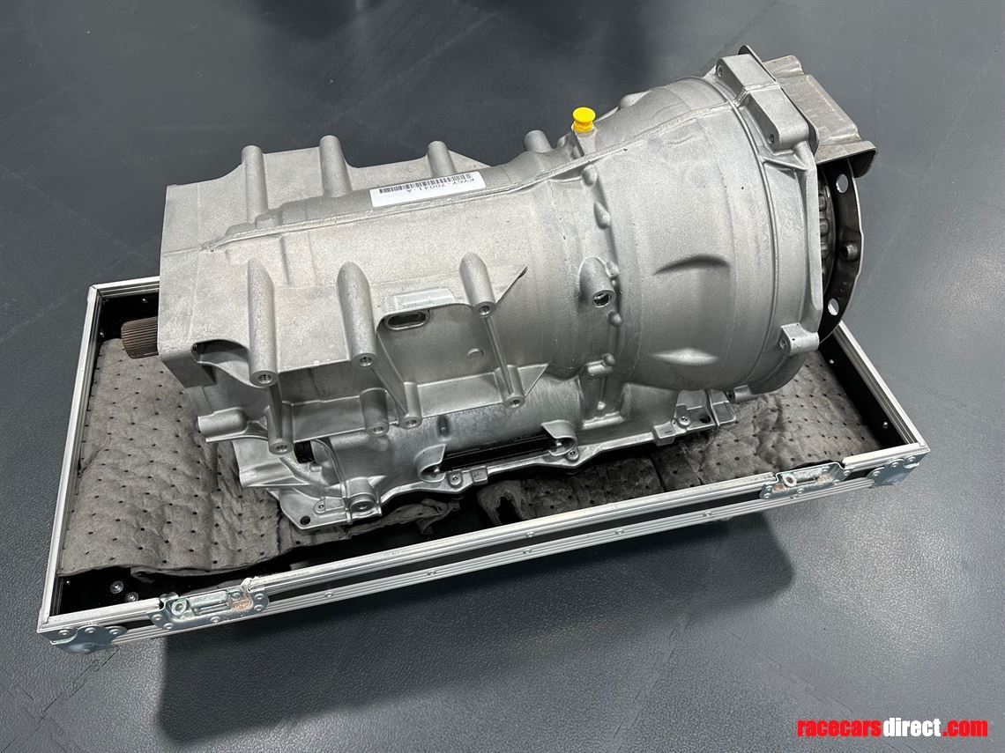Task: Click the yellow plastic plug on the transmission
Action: pos(583,119)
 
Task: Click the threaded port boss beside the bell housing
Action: pos(603,293)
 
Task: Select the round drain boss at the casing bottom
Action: pos(362,505)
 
